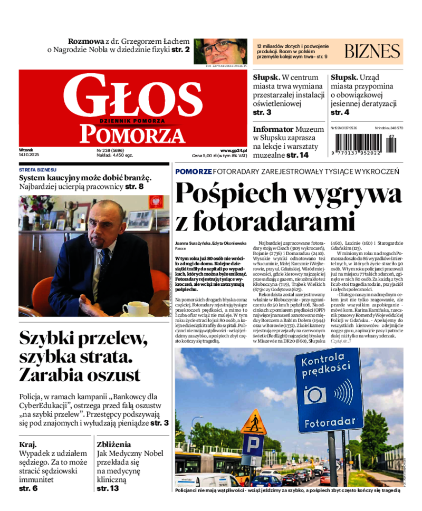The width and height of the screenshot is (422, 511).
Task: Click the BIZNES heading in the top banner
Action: [372, 51]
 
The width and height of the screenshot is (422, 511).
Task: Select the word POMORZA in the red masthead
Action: [132, 134]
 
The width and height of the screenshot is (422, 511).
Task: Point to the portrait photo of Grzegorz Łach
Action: [220, 51]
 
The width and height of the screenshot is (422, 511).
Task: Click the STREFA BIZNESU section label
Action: [37, 170]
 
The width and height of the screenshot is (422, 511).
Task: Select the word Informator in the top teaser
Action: [273, 129]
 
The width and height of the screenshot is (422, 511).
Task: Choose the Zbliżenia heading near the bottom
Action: [114, 444]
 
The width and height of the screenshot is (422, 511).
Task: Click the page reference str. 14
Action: [298, 155]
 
